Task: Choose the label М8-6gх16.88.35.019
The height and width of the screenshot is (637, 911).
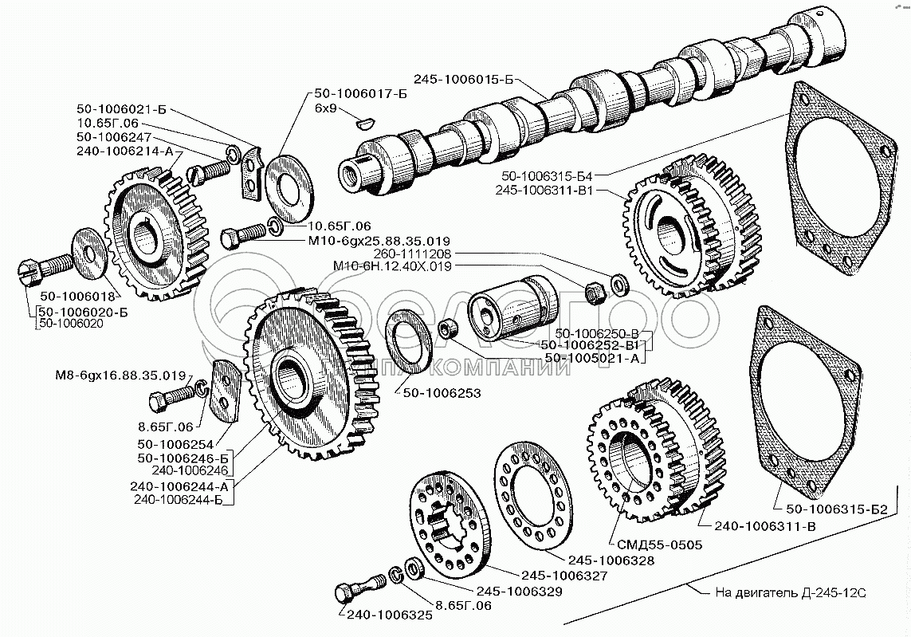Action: pyautogui.click(x=120, y=375)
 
